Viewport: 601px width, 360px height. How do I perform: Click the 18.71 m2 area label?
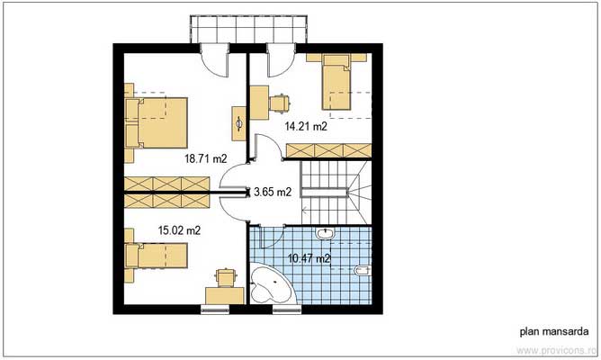[204, 157]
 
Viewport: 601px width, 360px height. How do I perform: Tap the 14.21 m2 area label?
[306, 127]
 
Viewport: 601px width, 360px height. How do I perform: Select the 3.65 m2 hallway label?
[273, 192]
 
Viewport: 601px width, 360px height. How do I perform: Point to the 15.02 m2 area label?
[179, 230]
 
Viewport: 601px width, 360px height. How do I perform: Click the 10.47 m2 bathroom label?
[309, 259]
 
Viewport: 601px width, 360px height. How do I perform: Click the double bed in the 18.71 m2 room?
[157, 121]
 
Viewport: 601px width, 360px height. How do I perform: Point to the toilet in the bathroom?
[362, 270]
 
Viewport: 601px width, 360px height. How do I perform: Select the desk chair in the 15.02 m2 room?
[225, 274]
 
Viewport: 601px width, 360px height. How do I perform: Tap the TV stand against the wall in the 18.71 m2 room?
[239, 121]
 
